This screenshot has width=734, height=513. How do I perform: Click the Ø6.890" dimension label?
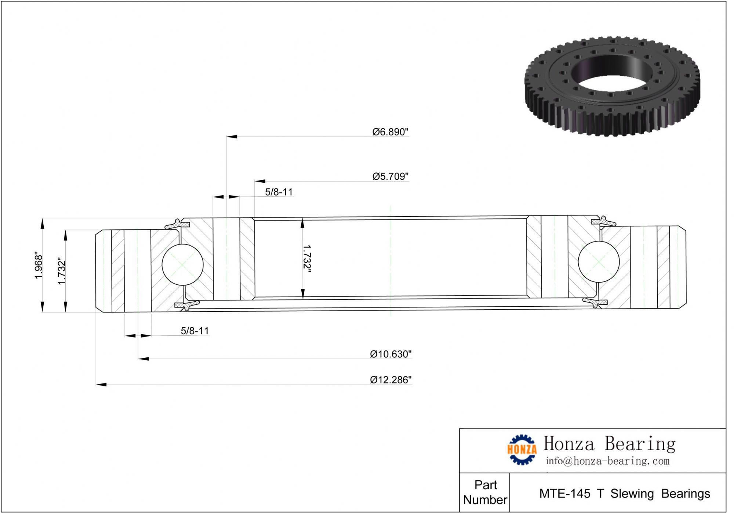(x=390, y=132)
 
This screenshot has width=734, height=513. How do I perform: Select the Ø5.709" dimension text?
(x=390, y=177)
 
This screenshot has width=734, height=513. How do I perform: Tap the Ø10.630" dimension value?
(x=390, y=354)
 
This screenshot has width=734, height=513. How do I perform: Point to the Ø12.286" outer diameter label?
(x=390, y=380)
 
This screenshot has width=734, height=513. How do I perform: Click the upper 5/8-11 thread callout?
(x=279, y=192)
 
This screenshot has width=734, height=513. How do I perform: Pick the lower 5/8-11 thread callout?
(x=195, y=331)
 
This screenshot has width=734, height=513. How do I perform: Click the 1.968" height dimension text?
(x=39, y=265)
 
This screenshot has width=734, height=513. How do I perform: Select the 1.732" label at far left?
(x=62, y=271)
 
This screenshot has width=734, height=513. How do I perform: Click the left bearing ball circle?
(x=182, y=265)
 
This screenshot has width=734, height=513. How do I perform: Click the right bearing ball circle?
(x=599, y=262)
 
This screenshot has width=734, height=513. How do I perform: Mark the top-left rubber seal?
(x=177, y=224)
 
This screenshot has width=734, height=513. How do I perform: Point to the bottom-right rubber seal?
(x=595, y=302)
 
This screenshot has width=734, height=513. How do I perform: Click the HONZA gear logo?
(x=522, y=450)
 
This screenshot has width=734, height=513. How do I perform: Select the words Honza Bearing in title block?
(x=609, y=444)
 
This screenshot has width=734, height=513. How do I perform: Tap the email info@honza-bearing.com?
(x=607, y=461)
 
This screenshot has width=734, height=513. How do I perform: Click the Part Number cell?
(x=485, y=492)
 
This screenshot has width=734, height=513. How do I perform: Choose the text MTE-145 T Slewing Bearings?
(x=624, y=494)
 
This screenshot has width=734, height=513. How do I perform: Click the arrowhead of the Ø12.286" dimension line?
(x=101, y=385)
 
